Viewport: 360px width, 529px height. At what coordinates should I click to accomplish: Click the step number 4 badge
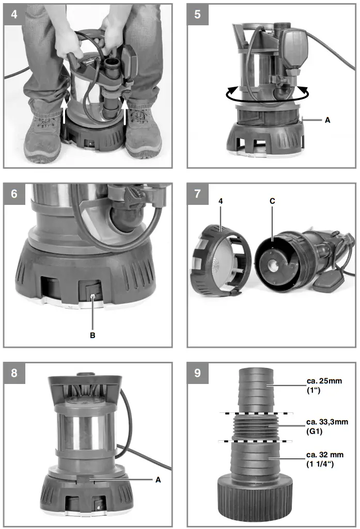click(14, 14)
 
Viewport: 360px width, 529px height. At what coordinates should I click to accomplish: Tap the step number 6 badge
click(14, 194)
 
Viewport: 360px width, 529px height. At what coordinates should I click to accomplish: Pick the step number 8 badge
click(14, 373)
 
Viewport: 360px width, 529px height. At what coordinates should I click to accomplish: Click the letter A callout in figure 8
click(159, 479)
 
